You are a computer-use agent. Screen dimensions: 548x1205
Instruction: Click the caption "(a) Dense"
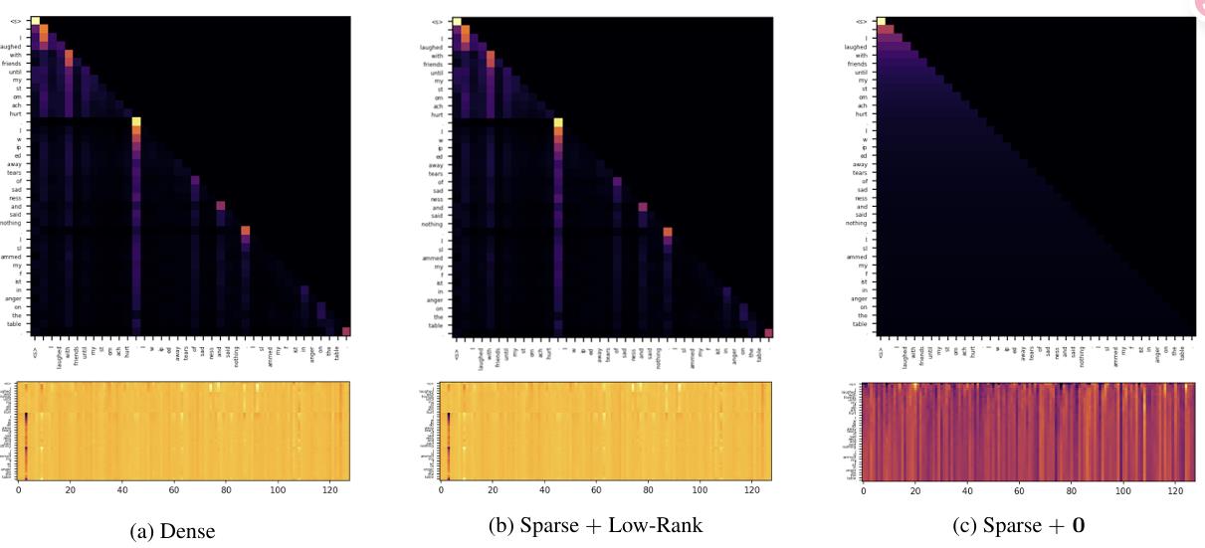tap(172, 532)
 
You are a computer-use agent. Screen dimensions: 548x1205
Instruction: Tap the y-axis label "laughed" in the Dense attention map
tap(17, 46)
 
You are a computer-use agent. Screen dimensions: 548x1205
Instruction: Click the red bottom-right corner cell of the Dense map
tap(346, 331)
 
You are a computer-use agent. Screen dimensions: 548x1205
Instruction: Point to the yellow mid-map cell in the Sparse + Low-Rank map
tap(558, 122)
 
